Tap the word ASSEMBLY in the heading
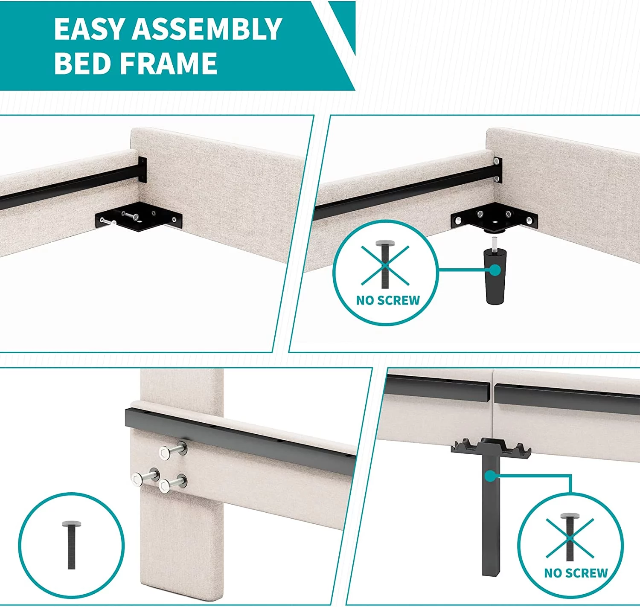(x=207, y=29)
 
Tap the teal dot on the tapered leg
(x=495, y=270)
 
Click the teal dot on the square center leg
(x=490, y=476)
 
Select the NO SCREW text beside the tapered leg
(x=388, y=300)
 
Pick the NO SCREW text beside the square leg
(x=576, y=573)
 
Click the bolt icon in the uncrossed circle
(x=72, y=545)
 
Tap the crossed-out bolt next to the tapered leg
(x=385, y=264)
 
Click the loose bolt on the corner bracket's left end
(x=108, y=222)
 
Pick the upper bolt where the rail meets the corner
(x=496, y=161)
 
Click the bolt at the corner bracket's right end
(x=529, y=221)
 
